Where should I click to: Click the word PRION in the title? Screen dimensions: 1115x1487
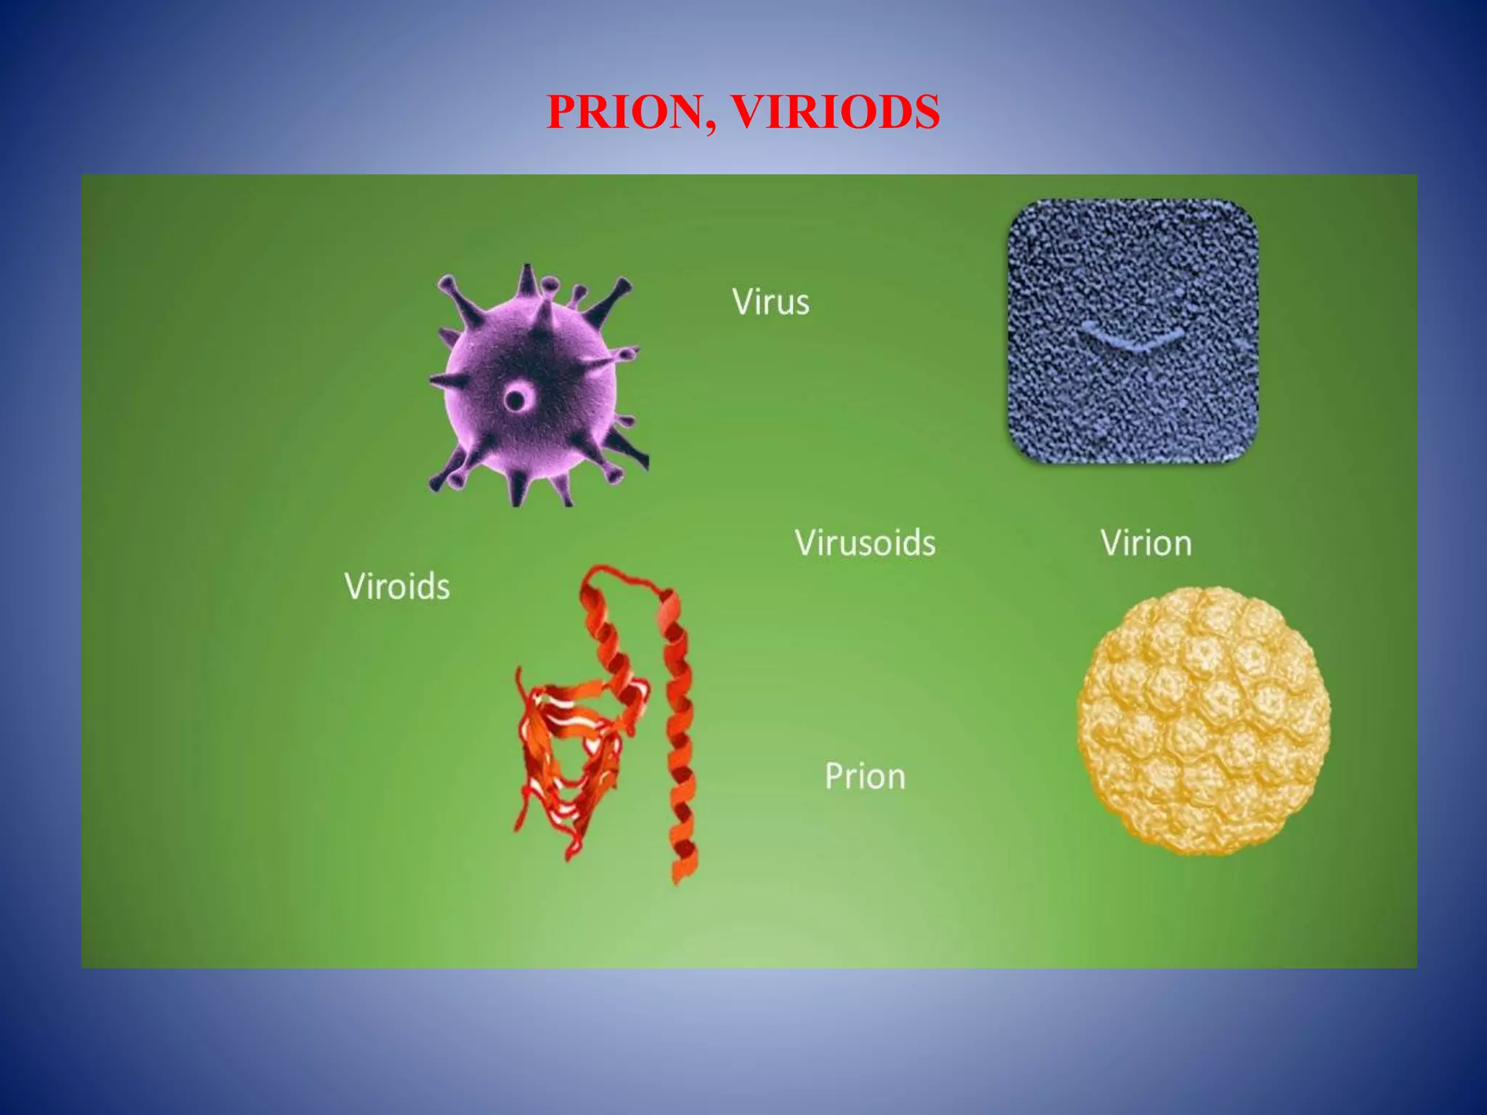[624, 113]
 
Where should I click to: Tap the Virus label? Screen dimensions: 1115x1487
[770, 301]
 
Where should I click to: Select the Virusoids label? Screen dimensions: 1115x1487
[865, 543]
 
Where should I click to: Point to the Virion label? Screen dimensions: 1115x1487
[1146, 543]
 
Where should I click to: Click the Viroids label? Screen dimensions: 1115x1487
[397, 586]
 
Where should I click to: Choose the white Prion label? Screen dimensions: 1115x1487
[865, 776]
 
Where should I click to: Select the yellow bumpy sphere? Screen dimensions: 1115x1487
[1204, 720]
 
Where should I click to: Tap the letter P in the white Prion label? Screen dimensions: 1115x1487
[834, 776]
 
